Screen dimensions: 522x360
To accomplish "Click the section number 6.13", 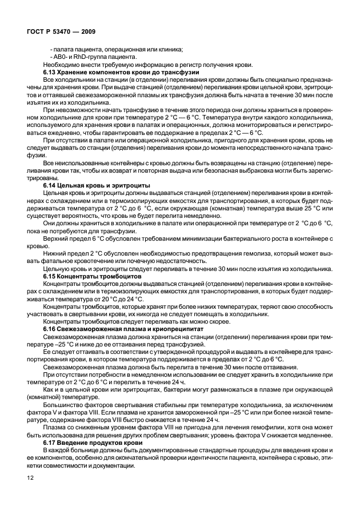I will (51, 73).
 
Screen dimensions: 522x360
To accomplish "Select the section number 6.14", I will (51, 186).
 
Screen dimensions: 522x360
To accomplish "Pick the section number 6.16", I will (51, 329).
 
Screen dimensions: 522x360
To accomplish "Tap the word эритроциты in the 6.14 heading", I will (131, 186).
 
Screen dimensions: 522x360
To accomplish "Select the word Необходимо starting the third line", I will (59, 66).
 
